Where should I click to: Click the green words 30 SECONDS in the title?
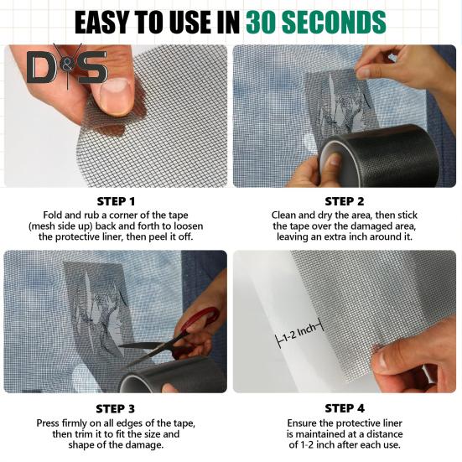(x=316, y=23)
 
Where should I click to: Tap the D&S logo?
(x=67, y=67)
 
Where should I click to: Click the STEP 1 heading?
(x=116, y=201)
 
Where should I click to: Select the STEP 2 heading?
(x=345, y=201)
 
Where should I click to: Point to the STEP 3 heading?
(x=115, y=409)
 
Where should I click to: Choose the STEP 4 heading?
(x=345, y=408)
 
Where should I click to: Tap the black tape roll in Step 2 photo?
(x=380, y=156)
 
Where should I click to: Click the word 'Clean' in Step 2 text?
(x=283, y=215)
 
